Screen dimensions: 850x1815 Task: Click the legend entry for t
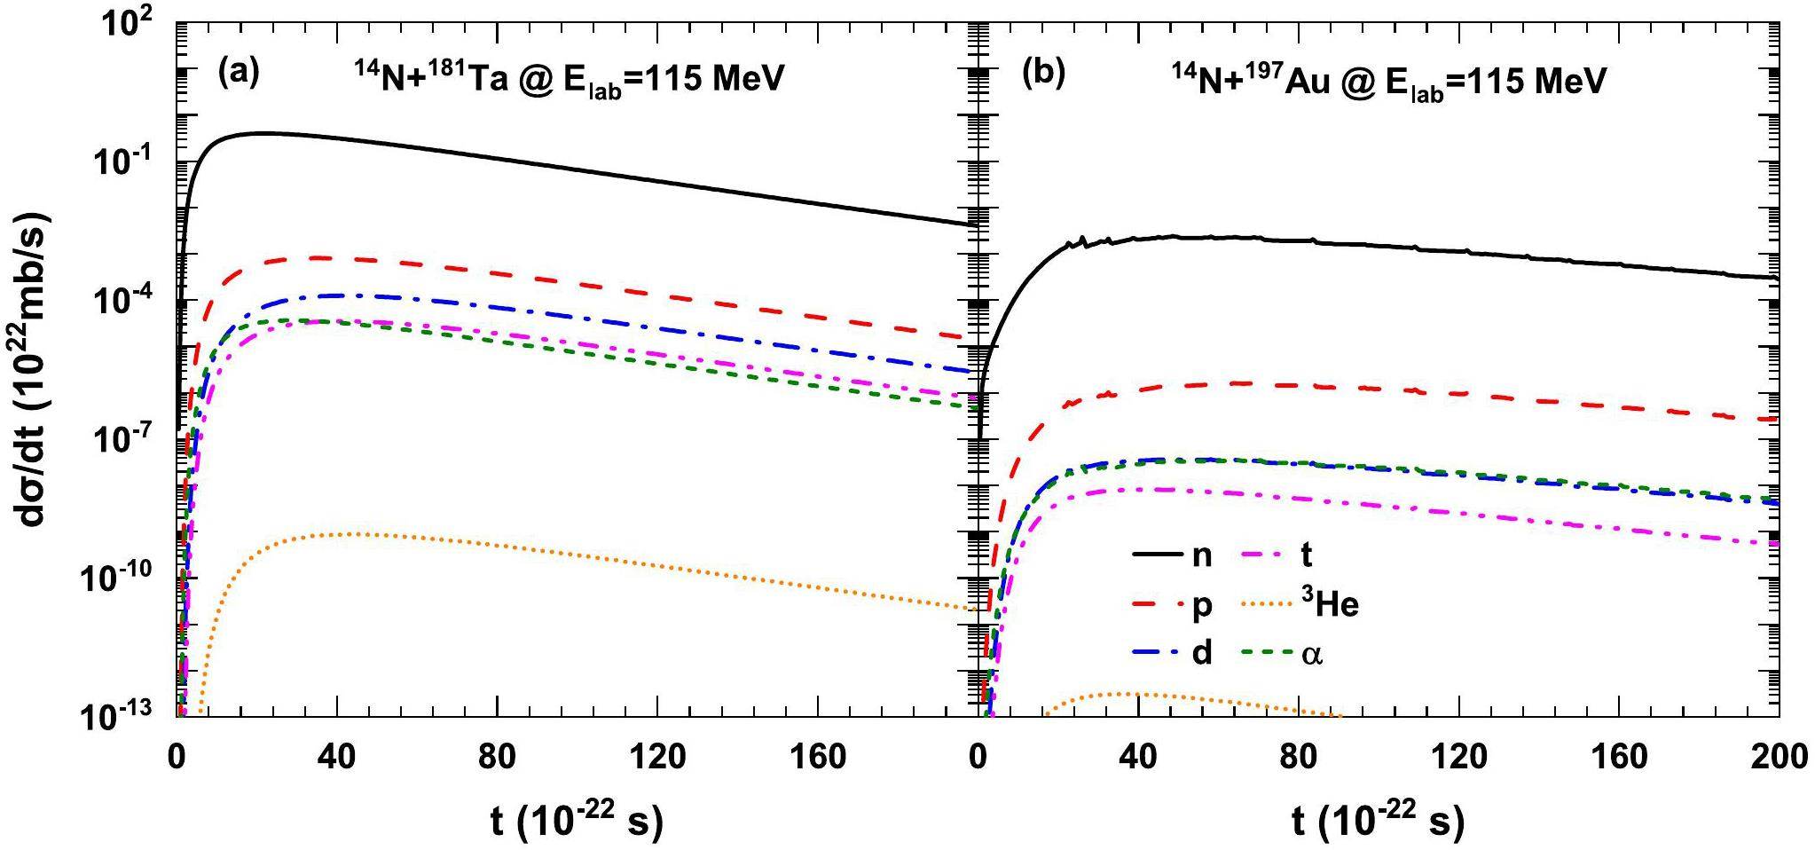(1305, 555)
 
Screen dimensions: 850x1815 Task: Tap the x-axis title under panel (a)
(577, 822)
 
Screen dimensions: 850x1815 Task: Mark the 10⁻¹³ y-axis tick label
(125, 717)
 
